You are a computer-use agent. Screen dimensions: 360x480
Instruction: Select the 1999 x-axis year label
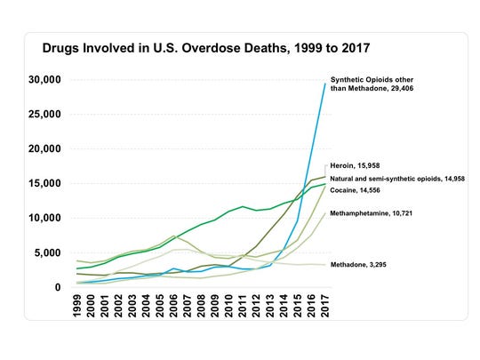[78, 307]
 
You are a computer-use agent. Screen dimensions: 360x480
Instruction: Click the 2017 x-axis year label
[325, 307]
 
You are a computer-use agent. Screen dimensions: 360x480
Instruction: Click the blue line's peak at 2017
[324, 82]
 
